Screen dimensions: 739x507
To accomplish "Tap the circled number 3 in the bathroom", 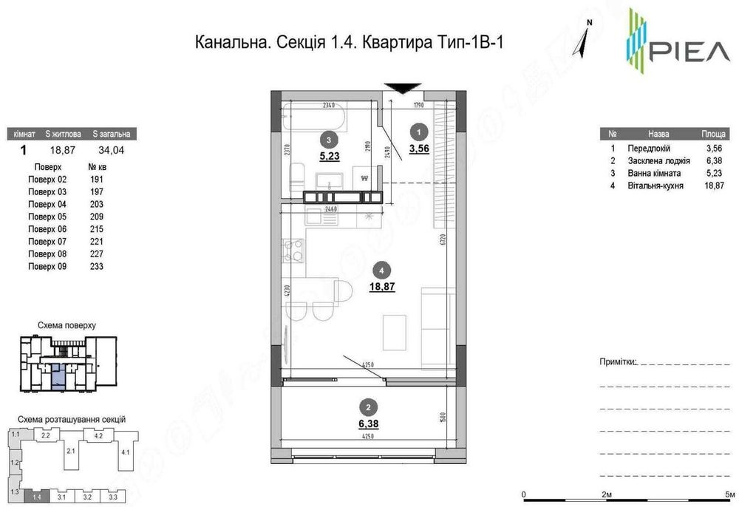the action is tap(327, 139).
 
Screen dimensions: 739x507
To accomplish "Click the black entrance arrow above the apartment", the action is tap(398, 88).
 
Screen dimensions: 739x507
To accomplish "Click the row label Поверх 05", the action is tap(47, 217).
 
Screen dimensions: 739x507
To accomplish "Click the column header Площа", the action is tap(712, 135).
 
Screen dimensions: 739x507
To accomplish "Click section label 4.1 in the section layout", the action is tap(125, 452).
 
